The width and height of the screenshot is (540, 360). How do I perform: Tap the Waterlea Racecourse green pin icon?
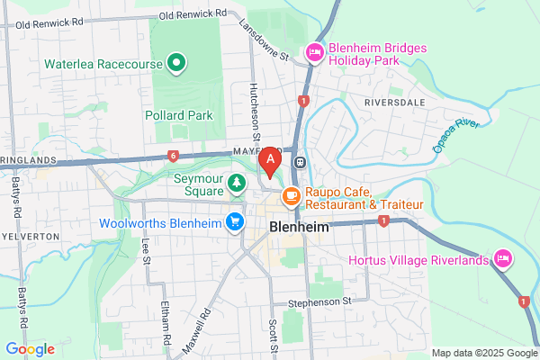177,64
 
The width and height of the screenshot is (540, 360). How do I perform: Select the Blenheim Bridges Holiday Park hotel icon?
315,53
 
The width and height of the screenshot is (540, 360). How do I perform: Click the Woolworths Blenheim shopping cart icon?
235,220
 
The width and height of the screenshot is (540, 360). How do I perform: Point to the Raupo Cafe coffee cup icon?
291,195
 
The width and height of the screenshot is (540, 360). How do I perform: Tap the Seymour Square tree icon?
237,184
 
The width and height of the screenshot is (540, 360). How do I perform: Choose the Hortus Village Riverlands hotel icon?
503,260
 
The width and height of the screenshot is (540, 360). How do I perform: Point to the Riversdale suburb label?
394,103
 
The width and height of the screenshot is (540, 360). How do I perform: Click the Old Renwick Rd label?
192,15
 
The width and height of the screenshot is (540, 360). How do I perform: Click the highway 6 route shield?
171,156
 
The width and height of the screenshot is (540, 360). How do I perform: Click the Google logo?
30,348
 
